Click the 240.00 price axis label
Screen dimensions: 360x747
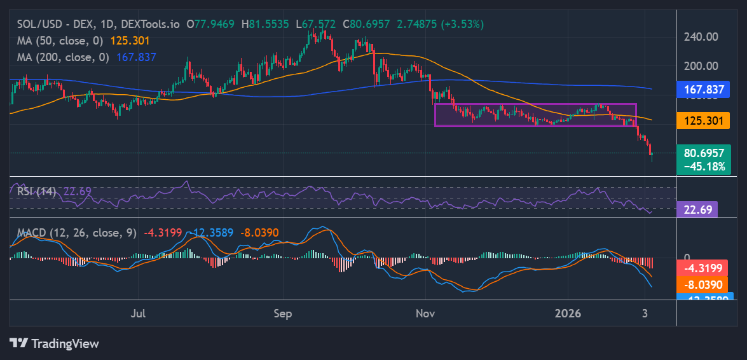[702, 37]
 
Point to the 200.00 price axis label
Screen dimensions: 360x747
[702, 66]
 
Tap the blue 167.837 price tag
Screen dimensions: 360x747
[704, 90]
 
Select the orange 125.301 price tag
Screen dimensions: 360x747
[704, 120]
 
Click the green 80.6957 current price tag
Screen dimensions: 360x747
[704, 153]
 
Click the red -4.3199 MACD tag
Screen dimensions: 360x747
[704, 268]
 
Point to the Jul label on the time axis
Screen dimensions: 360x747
[139, 314]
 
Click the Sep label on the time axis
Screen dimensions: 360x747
[282, 314]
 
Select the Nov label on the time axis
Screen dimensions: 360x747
[425, 314]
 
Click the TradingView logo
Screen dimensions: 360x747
[55, 343]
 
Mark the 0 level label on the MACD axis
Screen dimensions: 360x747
[686, 257]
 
